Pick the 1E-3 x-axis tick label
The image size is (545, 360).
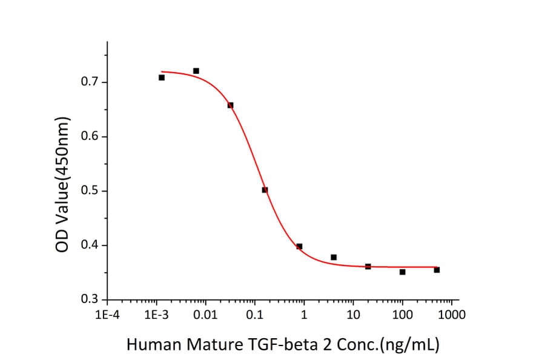tap(156, 315)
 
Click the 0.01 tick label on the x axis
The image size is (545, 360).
tap(206, 315)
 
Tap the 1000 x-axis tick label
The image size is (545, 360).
tap(452, 315)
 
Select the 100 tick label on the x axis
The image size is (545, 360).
tap(403, 315)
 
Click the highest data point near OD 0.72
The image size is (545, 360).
tap(196, 71)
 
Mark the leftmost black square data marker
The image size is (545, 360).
tap(162, 78)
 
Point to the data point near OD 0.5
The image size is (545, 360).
tap(265, 190)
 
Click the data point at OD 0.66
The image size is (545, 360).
tap(230, 105)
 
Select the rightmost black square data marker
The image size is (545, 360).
tap(437, 270)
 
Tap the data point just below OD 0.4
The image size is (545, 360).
tap(299, 246)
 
